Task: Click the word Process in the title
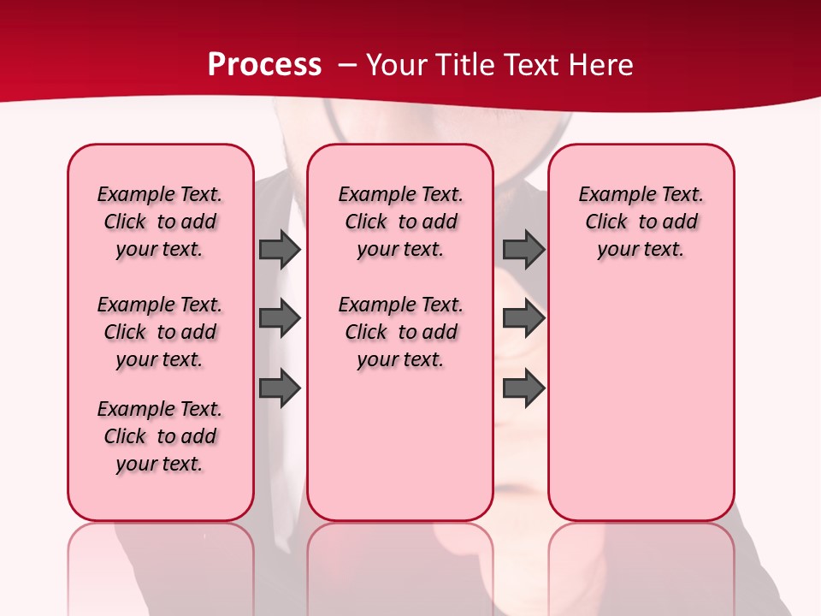[x=264, y=65]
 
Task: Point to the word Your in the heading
[x=398, y=65]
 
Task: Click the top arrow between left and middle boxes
[x=280, y=249]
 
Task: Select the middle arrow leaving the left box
[x=280, y=319]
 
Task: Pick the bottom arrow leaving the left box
[x=280, y=388]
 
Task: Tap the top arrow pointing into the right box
[x=523, y=249]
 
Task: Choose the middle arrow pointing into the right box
[x=523, y=319]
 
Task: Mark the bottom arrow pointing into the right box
[x=523, y=388]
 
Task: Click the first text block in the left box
[x=160, y=222]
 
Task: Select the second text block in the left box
[x=160, y=332]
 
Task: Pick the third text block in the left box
[x=160, y=436]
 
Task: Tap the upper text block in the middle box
[x=400, y=222]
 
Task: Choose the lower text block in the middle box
[x=400, y=332]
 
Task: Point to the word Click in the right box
[x=606, y=222]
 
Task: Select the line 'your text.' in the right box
[x=641, y=249]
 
